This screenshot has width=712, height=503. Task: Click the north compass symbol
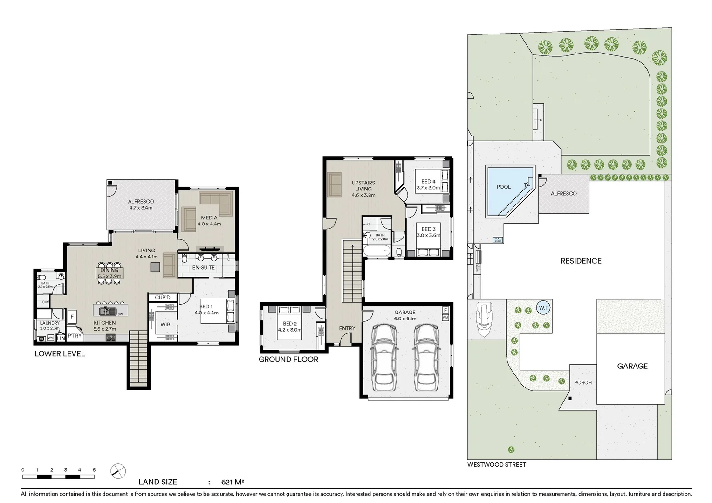pyautogui.click(x=118, y=471)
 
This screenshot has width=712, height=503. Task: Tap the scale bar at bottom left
pyautogui.click(x=58, y=476)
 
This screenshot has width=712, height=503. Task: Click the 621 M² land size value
pyautogui.click(x=233, y=482)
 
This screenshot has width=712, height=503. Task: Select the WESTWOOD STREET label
pyautogui.click(x=496, y=464)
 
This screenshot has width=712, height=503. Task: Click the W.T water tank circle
pyautogui.click(x=543, y=308)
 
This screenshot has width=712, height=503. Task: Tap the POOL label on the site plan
pyautogui.click(x=503, y=187)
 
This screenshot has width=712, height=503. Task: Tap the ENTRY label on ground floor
pyautogui.click(x=347, y=328)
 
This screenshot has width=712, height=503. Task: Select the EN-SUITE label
pyautogui.click(x=204, y=268)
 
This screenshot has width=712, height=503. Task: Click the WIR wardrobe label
pyautogui.click(x=165, y=325)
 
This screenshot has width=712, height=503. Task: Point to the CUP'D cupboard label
pyautogui.click(x=163, y=297)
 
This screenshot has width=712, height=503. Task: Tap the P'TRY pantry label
pyautogui.click(x=75, y=335)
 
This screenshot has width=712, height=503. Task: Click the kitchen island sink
pyautogui.click(x=106, y=311)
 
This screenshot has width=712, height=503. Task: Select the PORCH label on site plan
pyautogui.click(x=582, y=382)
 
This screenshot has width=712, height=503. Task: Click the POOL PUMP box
pyautogui.click(x=498, y=240)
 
